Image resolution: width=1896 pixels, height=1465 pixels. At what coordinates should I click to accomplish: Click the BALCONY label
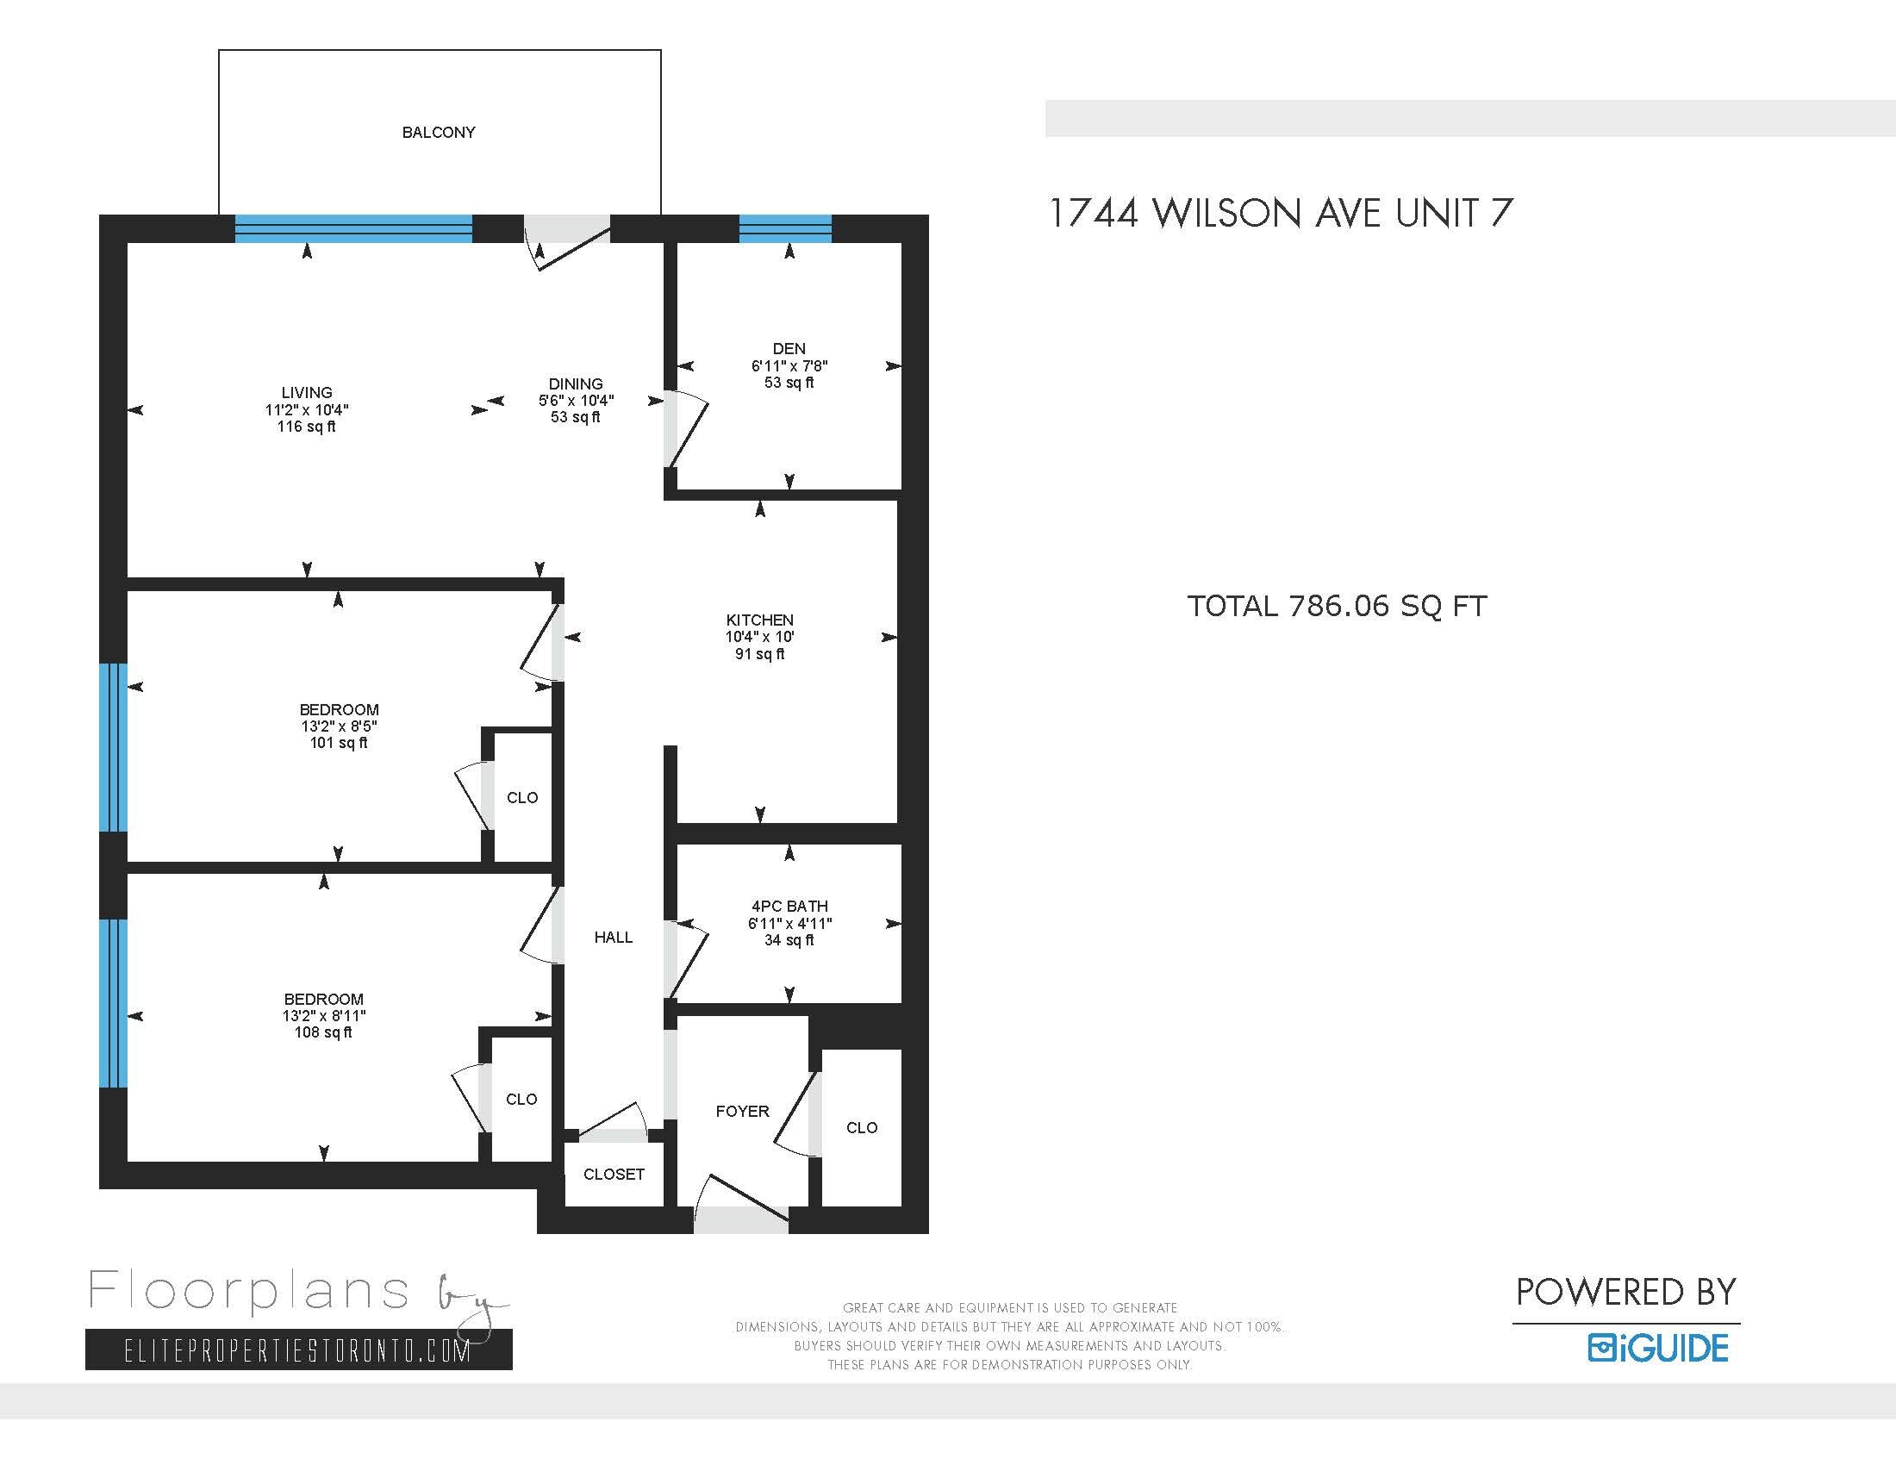tap(439, 133)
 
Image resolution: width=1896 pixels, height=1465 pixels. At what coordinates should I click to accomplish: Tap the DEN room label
tap(789, 349)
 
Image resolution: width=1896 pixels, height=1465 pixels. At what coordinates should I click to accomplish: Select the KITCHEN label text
tap(759, 620)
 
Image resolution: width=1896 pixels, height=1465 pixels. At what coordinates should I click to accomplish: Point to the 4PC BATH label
tap(789, 906)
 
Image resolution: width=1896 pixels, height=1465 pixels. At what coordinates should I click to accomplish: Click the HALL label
tap(613, 938)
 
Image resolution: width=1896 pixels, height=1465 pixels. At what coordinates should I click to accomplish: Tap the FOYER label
tap(742, 1112)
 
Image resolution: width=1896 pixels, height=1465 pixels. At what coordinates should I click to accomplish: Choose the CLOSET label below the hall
tap(614, 1175)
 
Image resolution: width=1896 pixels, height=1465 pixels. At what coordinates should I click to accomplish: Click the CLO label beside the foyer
tap(861, 1128)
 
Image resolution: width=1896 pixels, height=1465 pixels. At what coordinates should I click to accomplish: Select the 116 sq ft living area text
tap(307, 427)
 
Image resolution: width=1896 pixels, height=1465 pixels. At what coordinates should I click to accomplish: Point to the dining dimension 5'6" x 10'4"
tap(576, 401)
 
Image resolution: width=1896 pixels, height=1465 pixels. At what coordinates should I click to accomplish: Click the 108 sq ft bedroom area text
tap(323, 1032)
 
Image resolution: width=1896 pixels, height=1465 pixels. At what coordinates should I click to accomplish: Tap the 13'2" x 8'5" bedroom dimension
tap(339, 726)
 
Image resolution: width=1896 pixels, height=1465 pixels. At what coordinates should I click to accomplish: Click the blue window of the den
tap(785, 229)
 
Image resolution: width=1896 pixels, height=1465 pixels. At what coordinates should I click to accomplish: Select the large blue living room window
tap(353, 229)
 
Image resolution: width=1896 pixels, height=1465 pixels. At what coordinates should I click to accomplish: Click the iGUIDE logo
tap(1658, 1349)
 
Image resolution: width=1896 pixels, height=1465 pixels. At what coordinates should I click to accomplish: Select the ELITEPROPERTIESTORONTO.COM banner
tap(298, 1351)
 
